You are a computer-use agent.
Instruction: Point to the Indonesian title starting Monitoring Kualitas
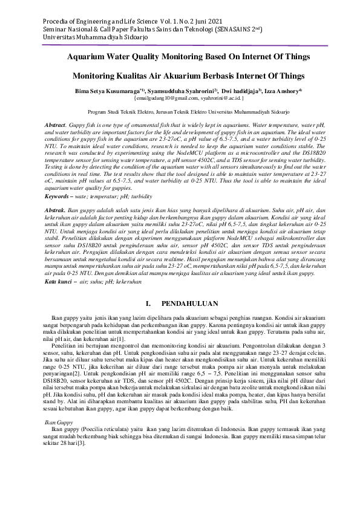click(180, 77)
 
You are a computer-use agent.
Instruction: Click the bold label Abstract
click(56, 125)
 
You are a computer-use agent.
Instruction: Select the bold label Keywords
click(60, 196)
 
